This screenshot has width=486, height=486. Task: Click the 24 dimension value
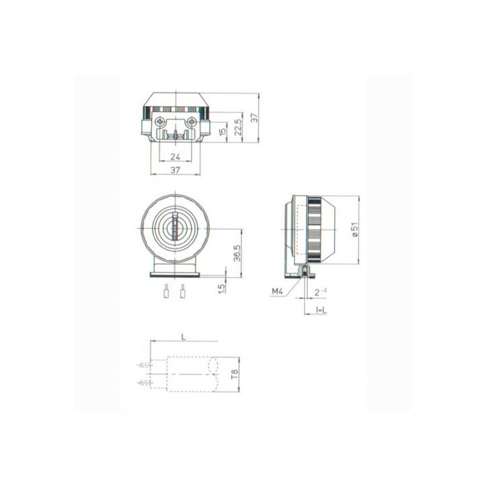point(175,157)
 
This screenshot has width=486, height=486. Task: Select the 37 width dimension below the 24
point(175,171)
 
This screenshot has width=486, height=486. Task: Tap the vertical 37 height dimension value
point(254,117)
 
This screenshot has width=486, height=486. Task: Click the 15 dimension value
point(223,130)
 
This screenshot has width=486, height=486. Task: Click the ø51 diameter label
point(354,231)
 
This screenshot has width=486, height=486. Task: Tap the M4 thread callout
point(277,291)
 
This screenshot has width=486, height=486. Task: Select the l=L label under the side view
point(321,310)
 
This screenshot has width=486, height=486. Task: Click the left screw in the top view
point(159,122)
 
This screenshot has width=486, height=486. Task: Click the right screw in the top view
point(192,122)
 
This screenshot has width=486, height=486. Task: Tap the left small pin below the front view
point(166,293)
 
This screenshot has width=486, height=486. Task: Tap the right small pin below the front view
point(182,293)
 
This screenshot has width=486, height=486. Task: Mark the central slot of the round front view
point(175,229)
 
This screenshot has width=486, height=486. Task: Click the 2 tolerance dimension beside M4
point(320,291)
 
